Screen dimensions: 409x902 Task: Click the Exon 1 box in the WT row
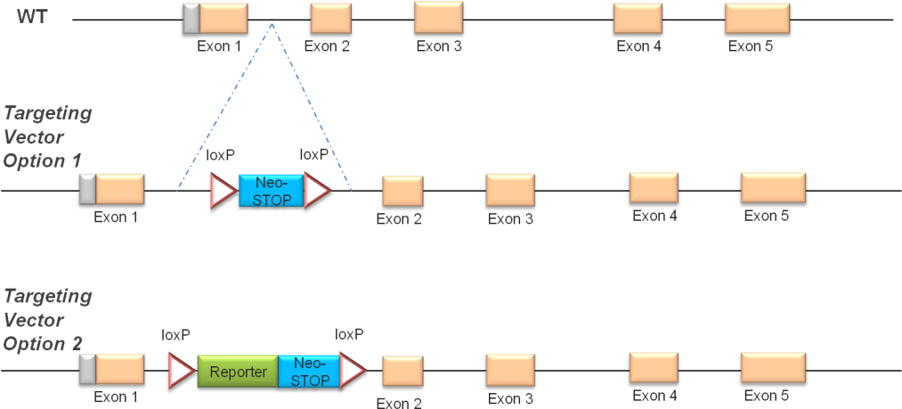pos(223,19)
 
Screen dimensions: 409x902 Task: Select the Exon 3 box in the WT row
pos(438,18)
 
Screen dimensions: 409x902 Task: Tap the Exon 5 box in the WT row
pos(757,19)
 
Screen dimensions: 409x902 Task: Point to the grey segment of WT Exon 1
pos(191,19)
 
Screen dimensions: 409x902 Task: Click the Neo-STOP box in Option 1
pos(272,191)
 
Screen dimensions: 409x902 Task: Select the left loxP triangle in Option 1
pos(221,191)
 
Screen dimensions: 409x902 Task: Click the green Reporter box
pos(238,371)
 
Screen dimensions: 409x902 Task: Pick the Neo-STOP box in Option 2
pos(309,371)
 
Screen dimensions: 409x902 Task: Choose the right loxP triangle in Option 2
pos(353,371)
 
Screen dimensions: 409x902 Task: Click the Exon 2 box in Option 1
pos(402,192)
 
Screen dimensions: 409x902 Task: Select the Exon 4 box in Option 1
pos(654,188)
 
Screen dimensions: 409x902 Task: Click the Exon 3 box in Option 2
pos(510,370)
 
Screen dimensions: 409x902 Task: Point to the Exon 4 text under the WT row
pos(638,46)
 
